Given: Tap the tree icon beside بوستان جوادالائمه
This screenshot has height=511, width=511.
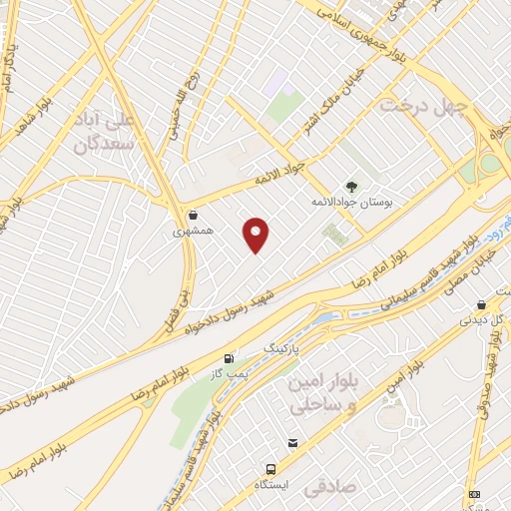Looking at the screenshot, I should (x=350, y=186).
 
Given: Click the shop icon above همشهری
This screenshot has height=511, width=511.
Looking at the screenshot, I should (x=193, y=215).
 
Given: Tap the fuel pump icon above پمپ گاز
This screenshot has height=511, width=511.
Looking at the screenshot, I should (x=230, y=358).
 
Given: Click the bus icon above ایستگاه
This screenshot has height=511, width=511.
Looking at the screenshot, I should (x=270, y=469).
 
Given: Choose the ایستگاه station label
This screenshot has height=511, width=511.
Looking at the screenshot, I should (x=271, y=485).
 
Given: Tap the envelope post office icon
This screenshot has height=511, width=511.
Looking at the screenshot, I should (x=292, y=443).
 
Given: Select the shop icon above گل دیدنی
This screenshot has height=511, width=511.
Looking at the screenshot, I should (x=482, y=305).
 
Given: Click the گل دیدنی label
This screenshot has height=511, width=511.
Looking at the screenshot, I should (x=481, y=321).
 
